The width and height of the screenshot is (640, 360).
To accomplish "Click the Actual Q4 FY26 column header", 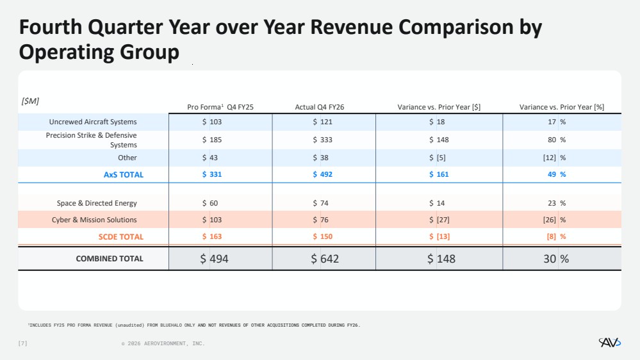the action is point(320,107).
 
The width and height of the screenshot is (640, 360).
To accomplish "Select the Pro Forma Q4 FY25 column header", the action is point(220,107).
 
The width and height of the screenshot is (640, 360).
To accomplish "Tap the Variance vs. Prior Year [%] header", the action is point(562,107).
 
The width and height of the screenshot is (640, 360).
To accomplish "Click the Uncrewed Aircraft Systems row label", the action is point(93,122).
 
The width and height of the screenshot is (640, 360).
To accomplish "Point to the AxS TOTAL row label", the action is point(123,175).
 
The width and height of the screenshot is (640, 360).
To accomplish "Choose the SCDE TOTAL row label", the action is point(121,237).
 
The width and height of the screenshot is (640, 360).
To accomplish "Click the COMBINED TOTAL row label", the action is point(110,259).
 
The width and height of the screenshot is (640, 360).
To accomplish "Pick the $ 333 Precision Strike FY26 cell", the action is point(322,140).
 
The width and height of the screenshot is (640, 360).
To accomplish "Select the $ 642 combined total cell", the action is point(325,259).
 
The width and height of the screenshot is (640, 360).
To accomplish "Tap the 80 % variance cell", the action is point(557,140).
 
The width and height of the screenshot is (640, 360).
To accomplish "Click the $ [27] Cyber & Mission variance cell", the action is point(439,220).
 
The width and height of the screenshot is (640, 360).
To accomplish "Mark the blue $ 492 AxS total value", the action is point(322,174).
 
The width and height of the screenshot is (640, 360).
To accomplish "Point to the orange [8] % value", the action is point(556,236).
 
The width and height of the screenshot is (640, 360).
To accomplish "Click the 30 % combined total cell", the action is point(556,259).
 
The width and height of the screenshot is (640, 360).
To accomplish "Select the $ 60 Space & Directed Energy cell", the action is point(210,203).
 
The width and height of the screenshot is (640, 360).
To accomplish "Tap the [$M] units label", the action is point(30,101).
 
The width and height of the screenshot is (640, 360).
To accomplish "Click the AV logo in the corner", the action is point(610,343).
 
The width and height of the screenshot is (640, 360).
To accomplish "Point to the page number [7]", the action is point(23,343).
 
